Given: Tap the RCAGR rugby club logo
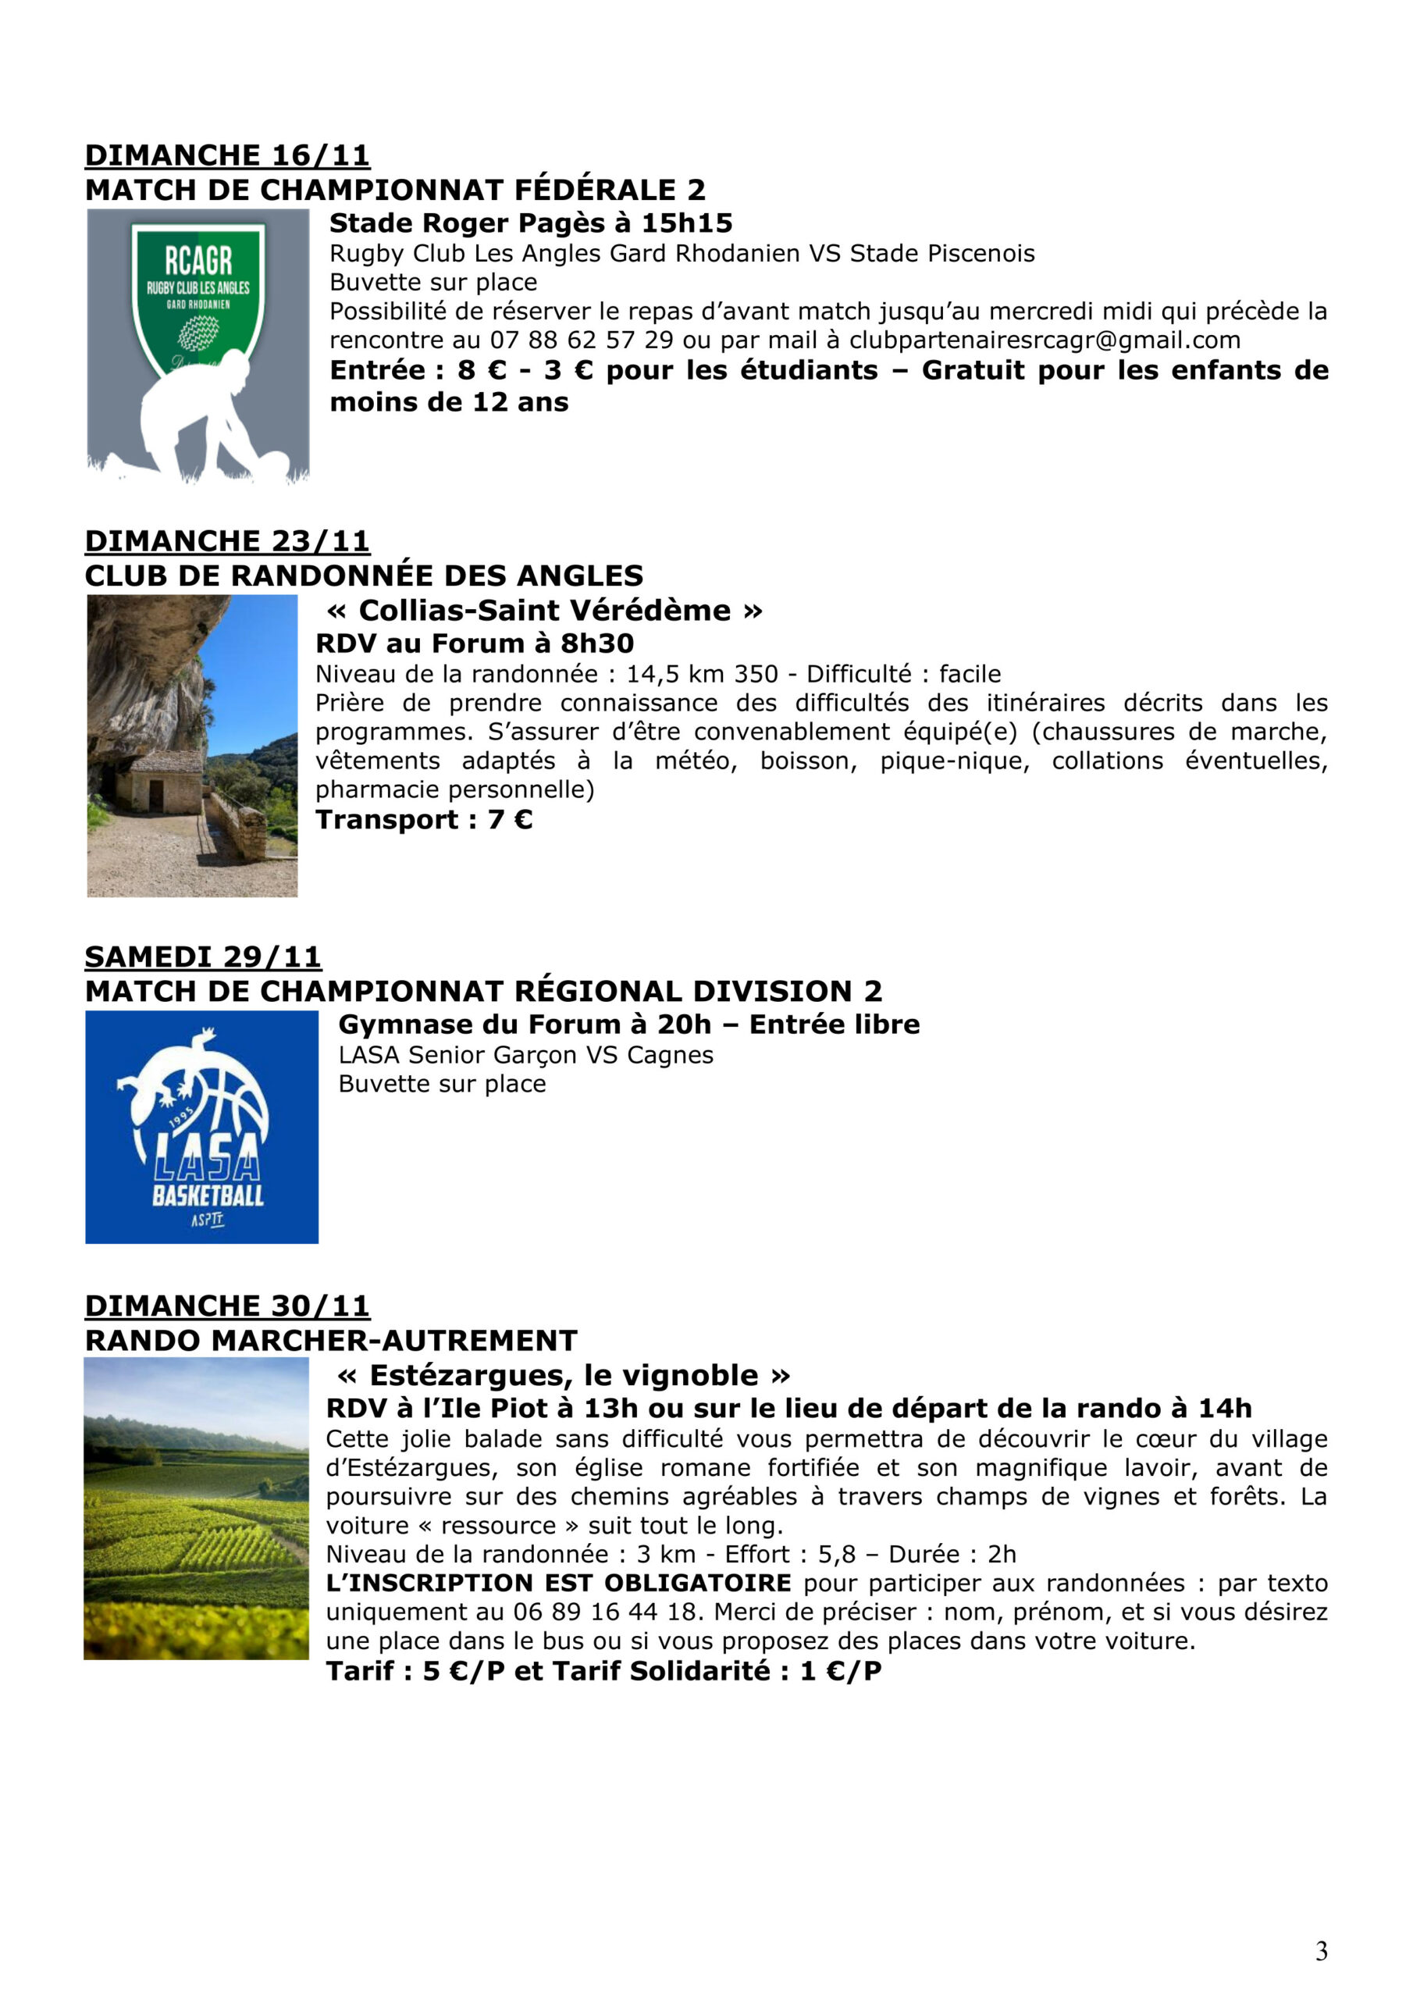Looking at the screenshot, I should [x=198, y=345].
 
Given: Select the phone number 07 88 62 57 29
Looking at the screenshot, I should [x=582, y=340].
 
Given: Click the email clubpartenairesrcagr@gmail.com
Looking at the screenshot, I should [x=1045, y=340].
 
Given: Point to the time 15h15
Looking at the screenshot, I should [x=687, y=224].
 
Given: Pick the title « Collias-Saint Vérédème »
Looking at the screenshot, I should [x=544, y=611].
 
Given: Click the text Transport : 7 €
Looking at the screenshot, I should [x=424, y=819].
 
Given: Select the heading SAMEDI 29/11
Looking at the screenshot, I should [x=203, y=957].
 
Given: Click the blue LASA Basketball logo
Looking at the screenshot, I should [x=202, y=1127].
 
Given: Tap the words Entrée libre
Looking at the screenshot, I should [x=834, y=1024].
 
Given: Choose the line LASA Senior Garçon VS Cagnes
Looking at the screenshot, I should [x=526, y=1055].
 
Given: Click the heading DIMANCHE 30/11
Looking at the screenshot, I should [x=227, y=1306].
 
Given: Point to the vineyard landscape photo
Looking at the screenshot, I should [x=196, y=1509].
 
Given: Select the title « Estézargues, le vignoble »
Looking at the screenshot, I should [x=564, y=1376].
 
